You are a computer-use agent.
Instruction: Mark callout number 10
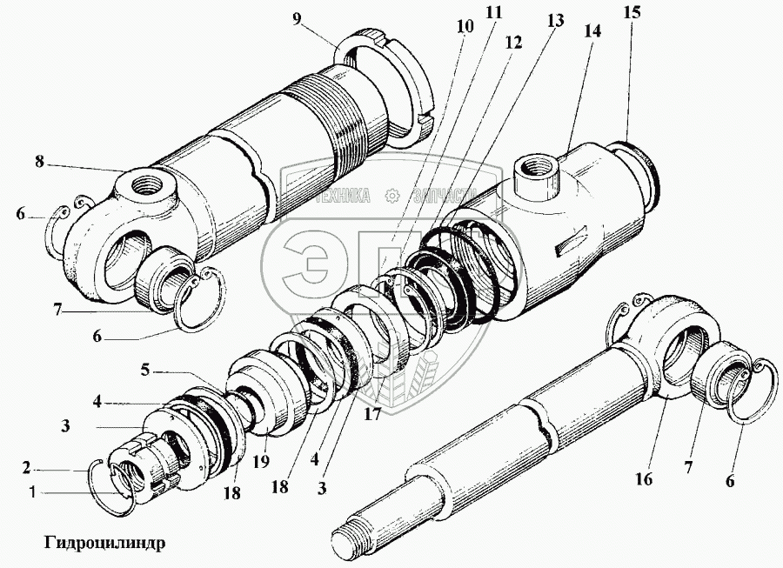(465, 26)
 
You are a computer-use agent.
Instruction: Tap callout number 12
(513, 42)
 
